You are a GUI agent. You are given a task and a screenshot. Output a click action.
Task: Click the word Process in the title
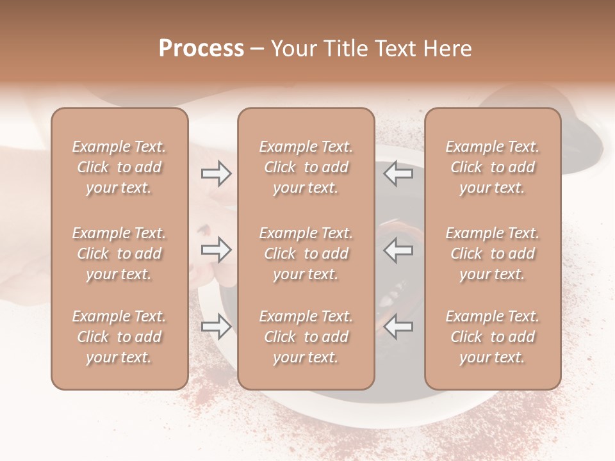pos(201,49)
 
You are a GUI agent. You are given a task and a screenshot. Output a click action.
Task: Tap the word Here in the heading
pos(448,49)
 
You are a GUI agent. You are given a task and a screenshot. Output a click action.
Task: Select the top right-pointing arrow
pos(217,173)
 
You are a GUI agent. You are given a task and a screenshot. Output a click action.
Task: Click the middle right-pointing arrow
pos(217,250)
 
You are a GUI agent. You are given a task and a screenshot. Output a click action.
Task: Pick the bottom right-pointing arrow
pos(217,327)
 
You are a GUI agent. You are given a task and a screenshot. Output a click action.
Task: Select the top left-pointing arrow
pos(398,173)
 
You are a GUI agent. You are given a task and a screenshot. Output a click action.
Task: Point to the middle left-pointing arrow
pos(398,250)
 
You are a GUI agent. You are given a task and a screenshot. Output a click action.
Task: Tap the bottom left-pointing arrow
pos(398,327)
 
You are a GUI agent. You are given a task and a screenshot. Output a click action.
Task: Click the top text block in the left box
pos(119,167)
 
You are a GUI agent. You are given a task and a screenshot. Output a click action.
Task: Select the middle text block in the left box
pos(119,254)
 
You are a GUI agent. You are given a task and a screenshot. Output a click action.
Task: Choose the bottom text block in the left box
pos(119,337)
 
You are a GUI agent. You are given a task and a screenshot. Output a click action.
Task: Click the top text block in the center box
pos(306,167)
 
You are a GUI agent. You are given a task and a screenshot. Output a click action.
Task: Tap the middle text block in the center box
pos(306,254)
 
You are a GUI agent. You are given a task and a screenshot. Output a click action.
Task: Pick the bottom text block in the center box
pos(306,337)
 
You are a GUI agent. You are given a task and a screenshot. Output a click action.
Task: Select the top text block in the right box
pos(492,167)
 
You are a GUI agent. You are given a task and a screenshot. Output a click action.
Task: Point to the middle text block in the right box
pos(492,254)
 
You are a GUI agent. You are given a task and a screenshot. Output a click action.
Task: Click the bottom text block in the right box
pos(492,337)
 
